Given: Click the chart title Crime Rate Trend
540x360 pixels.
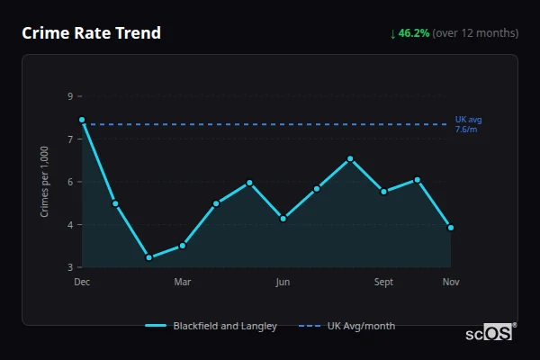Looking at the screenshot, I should click(91, 33).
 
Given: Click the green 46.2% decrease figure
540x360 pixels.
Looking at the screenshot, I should click(414, 33).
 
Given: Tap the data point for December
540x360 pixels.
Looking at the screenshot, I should click(82, 120).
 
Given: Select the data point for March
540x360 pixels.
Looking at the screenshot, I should click(183, 245).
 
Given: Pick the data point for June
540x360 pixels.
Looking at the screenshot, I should click(283, 219).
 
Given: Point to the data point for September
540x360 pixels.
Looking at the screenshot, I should click(384, 192).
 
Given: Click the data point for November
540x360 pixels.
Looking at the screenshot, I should click(451, 228).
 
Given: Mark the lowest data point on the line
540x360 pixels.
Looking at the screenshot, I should click(148, 257).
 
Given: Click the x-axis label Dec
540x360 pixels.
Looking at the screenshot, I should click(82, 283).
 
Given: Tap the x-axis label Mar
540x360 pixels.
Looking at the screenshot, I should click(183, 283).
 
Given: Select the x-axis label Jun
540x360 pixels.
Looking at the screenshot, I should click(283, 283).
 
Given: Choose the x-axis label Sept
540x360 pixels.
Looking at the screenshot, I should click(384, 283).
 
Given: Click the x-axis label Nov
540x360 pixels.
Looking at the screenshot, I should click(451, 283).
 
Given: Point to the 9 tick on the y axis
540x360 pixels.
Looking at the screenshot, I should click(70, 96).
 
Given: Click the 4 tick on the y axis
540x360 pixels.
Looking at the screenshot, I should click(70, 225).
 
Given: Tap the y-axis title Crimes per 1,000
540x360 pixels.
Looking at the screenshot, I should click(45, 182).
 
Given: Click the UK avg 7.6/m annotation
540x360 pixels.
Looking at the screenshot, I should click(469, 124).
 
